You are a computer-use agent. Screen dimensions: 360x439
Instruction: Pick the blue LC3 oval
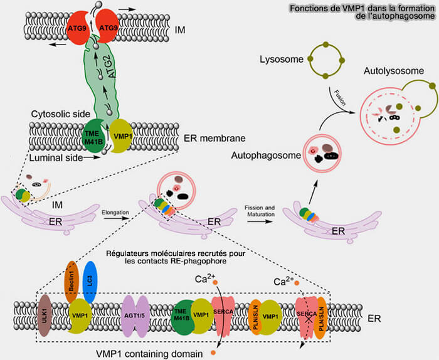(89, 281)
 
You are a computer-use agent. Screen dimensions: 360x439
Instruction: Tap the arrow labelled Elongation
(115, 218)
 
